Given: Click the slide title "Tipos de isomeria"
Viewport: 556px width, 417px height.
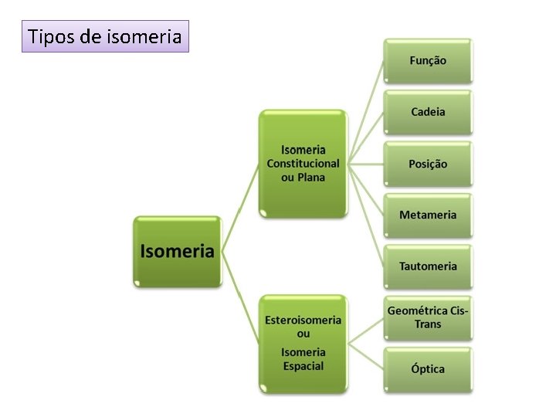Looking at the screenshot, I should (x=105, y=36).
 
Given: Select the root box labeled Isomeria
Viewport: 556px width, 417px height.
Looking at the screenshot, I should (x=177, y=251).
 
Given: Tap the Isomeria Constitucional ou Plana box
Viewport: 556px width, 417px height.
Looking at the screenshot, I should (x=303, y=163).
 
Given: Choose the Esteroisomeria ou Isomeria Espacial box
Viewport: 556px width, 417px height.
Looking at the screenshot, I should (x=303, y=342).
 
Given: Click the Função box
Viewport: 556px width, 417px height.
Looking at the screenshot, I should (x=428, y=60).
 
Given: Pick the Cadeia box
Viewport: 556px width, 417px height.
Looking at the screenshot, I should (x=428, y=112).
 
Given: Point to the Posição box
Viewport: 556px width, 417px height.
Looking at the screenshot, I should (x=428, y=164).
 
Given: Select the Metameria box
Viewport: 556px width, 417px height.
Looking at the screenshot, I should (x=428, y=215).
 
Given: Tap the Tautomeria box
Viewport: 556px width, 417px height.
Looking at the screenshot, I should (x=428, y=266).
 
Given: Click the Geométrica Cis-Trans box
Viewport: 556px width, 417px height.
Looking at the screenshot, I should (x=428, y=317).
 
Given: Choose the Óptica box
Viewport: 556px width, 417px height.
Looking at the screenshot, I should (x=428, y=369).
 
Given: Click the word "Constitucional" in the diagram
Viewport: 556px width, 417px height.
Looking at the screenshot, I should (x=303, y=163).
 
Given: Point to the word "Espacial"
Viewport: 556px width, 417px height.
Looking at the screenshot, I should (x=303, y=366).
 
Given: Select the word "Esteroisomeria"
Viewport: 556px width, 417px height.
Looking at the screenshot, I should (x=303, y=320).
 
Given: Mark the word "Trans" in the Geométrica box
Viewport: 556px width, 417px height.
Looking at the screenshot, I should (x=428, y=324).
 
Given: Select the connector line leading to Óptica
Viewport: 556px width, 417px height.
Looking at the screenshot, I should (x=366, y=356).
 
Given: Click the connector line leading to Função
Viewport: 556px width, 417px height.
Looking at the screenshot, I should (x=368, y=108).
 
